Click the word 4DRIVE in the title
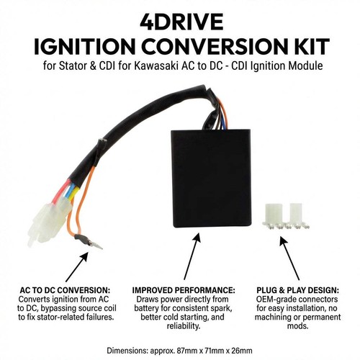tap(181, 22)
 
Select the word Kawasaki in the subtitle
tap(156, 66)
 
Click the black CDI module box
tap(212, 179)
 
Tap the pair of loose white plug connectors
tap(286, 216)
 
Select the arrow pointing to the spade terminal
tap(77, 267)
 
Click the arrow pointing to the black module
tap(192, 256)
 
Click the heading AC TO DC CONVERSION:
tap(65, 290)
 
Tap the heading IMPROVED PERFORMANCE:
tap(184, 290)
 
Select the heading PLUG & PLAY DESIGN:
tap(298, 290)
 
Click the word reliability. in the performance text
tap(184, 326)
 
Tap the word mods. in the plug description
tap(297, 326)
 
